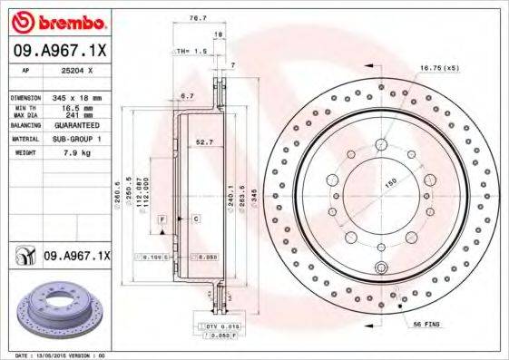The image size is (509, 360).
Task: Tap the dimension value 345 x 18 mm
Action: pos(78,96)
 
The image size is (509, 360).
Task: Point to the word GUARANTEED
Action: pos(78,126)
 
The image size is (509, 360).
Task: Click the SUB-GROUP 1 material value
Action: pos(78,140)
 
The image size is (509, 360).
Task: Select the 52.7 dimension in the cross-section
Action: pos(204,141)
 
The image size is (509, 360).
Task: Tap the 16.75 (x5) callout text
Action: pos(438,66)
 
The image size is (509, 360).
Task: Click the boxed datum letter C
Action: pos(195,219)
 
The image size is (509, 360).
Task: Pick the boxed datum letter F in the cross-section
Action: pos(161,219)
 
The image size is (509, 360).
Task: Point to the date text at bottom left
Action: pos(56,355)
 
